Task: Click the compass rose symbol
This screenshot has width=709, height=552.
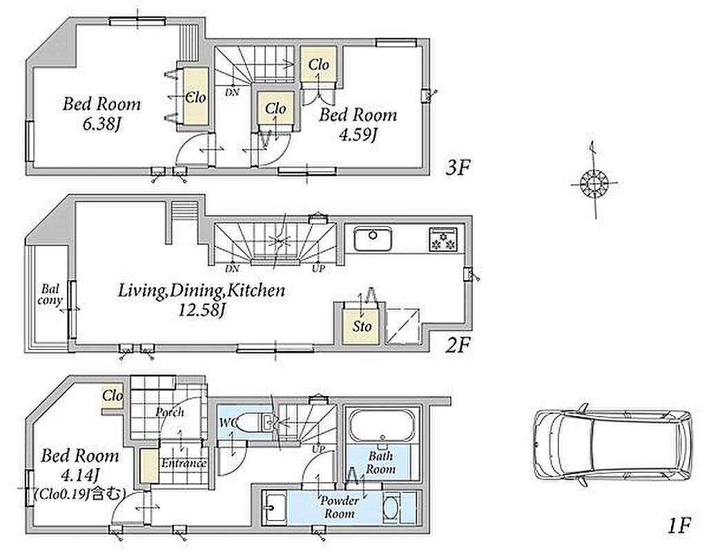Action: (x=594, y=184)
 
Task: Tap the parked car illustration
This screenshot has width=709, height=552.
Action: (x=612, y=446)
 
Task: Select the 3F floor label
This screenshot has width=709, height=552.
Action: (x=458, y=168)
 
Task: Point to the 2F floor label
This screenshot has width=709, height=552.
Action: (x=458, y=346)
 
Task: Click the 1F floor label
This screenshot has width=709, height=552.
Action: (x=679, y=526)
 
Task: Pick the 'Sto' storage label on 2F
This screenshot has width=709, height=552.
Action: (x=362, y=326)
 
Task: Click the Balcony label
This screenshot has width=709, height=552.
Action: (x=50, y=295)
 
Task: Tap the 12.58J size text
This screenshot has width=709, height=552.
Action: (x=202, y=310)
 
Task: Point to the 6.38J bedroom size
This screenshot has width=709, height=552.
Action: (x=101, y=124)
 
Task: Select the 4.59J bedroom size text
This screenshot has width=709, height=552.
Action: (x=358, y=135)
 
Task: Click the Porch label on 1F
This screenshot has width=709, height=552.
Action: (x=170, y=412)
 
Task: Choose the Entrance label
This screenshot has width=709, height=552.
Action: (x=184, y=464)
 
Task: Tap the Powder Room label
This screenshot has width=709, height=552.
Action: (x=340, y=507)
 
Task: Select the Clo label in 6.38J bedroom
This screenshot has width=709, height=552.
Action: (x=196, y=97)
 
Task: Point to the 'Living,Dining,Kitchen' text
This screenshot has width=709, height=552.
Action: (x=202, y=291)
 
